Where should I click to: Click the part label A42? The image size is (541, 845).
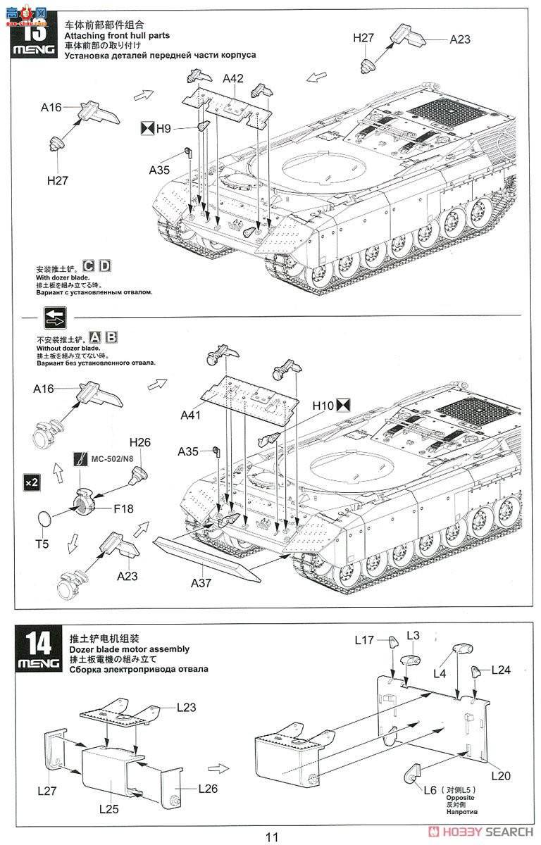233,78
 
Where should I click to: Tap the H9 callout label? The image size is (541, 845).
163,128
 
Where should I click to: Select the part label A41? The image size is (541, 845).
190,415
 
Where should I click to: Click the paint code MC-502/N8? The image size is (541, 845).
111,459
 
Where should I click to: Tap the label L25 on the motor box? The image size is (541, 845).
108,809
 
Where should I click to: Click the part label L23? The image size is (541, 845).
187,706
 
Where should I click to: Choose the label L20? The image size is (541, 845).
497,776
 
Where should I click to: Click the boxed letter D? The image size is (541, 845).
105,266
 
